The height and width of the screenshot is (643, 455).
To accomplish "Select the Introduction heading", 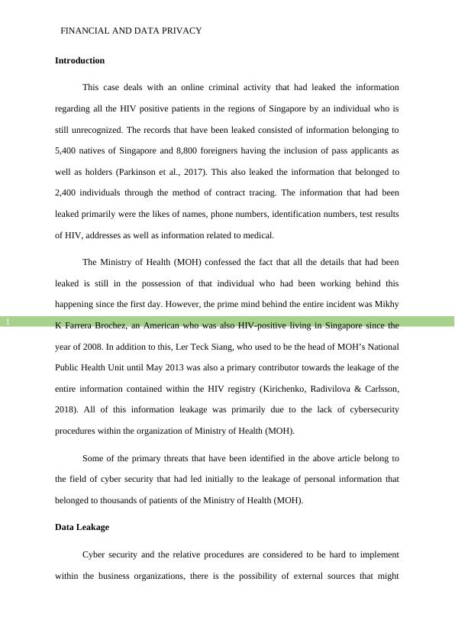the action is (79, 60).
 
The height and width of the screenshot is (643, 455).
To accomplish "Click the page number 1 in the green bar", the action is (8, 322).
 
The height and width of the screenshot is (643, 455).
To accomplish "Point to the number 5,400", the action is (67, 150).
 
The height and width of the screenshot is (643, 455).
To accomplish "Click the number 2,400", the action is (67, 193).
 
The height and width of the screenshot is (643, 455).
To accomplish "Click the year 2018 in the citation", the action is (66, 410).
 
